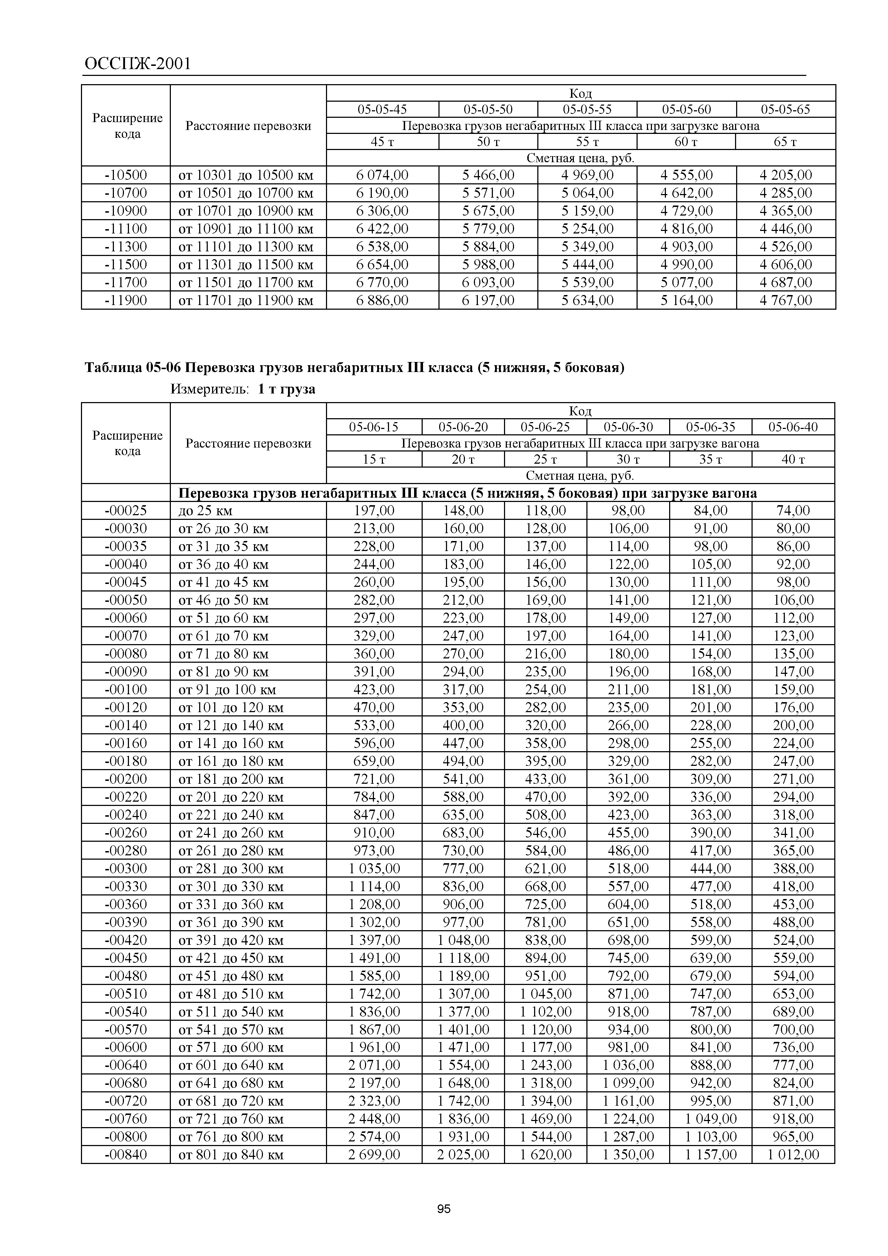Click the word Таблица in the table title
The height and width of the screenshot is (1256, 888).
(113, 368)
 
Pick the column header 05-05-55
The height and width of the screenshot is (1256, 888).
(587, 110)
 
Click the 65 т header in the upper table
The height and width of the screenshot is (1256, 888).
(785, 142)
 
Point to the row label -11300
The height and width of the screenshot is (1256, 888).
(126, 247)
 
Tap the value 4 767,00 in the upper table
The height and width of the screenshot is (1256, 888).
(785, 300)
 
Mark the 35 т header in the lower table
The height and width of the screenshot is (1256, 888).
(710, 459)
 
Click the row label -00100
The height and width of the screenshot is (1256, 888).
(126, 689)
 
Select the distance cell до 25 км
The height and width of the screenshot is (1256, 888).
(205, 511)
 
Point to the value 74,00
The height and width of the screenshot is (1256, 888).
(793, 511)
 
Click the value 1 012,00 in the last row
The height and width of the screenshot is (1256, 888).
(793, 1155)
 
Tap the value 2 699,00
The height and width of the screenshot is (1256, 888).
(374, 1155)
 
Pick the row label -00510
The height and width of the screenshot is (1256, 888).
(126, 994)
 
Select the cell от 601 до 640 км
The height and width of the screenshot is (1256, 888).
(231, 1065)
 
